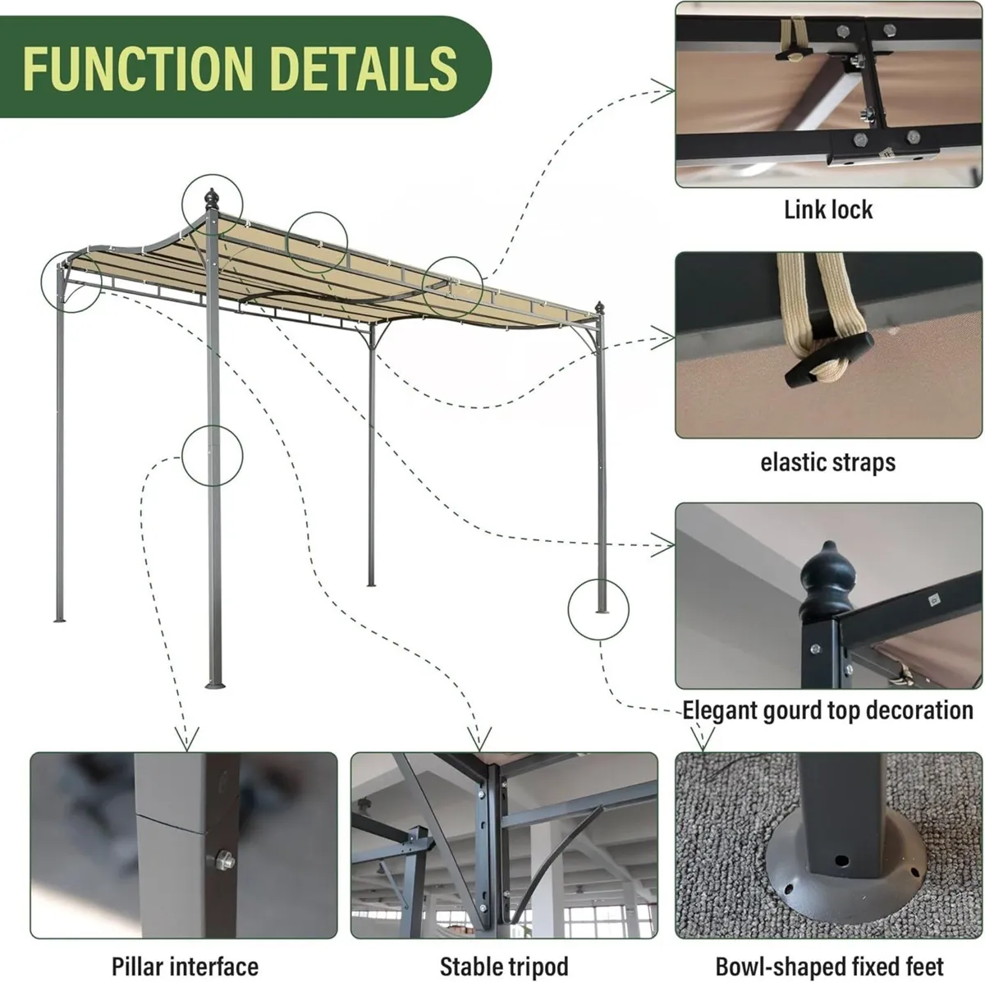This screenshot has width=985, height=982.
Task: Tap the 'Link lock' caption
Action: pyautogui.click(x=828, y=210)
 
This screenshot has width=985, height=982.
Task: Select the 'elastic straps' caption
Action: pyautogui.click(x=827, y=462)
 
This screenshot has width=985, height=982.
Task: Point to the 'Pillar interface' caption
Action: pyautogui.click(x=185, y=966)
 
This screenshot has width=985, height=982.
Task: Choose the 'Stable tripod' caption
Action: pyautogui.click(x=503, y=966)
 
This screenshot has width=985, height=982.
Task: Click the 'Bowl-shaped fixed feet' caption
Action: pyautogui.click(x=829, y=966)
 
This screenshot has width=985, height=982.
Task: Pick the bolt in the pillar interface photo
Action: pyautogui.click(x=222, y=861)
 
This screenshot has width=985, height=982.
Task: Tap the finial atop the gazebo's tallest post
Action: pyautogui.click(x=213, y=199)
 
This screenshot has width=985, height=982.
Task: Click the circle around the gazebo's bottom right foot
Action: pyautogui.click(x=598, y=608)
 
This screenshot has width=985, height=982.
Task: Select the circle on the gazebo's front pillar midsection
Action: pyautogui.click(x=212, y=454)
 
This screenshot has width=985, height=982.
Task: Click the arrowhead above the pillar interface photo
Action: pyautogui.click(x=187, y=736)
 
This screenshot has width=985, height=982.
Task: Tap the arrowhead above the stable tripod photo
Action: pyautogui.click(x=479, y=737)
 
